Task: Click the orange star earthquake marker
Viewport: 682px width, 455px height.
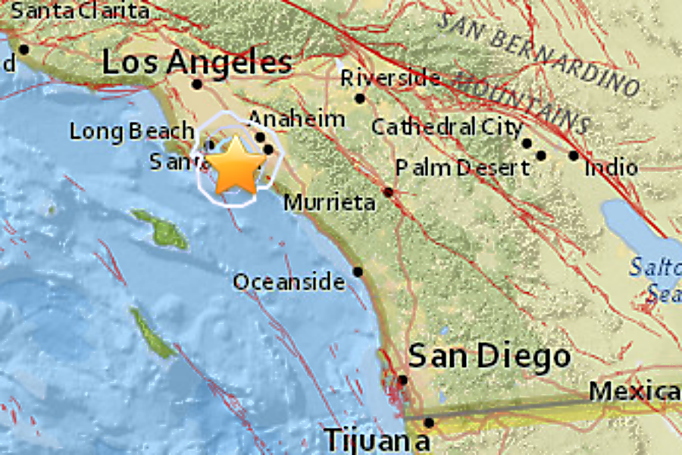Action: tap(236, 165)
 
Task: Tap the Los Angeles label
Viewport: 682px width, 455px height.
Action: tap(197, 62)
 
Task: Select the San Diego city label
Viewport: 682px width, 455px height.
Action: tap(489, 356)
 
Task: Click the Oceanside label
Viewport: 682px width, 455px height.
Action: tap(289, 282)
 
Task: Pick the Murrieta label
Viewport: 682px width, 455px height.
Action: tap(330, 202)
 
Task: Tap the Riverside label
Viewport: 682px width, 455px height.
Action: tap(390, 77)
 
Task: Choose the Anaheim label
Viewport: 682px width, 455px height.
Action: tap(296, 118)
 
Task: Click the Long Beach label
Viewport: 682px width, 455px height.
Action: tap(132, 131)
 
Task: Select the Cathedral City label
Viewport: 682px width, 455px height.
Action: tap(446, 127)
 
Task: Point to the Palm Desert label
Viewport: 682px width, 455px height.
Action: tap(462, 167)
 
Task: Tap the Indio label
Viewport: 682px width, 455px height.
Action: tap(611, 167)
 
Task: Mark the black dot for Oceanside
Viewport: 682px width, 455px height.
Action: tap(358, 271)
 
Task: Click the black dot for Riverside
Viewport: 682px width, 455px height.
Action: tap(360, 98)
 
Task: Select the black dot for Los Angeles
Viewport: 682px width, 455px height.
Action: tap(197, 84)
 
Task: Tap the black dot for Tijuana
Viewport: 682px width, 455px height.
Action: tap(429, 422)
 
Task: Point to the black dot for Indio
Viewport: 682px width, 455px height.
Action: tap(574, 155)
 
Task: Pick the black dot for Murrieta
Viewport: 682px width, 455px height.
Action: tap(388, 193)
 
